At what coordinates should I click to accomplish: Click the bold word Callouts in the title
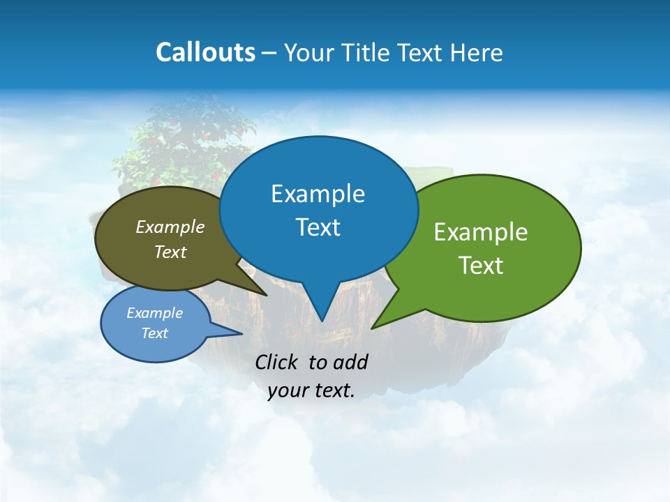coord(206,52)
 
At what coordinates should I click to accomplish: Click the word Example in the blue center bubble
coord(318,194)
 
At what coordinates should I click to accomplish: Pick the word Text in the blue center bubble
coord(318,227)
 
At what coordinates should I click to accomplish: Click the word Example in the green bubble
coord(481,232)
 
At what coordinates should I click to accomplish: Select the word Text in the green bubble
coord(481,266)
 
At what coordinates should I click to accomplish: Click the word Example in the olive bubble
coord(170,227)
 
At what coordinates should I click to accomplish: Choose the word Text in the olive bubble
coord(170,252)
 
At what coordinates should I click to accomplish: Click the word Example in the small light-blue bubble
coord(154,313)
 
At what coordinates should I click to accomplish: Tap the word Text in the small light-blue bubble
coord(154,333)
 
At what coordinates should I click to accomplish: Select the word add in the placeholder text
coord(350,362)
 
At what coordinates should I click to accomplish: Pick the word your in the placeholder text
coord(288,390)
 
